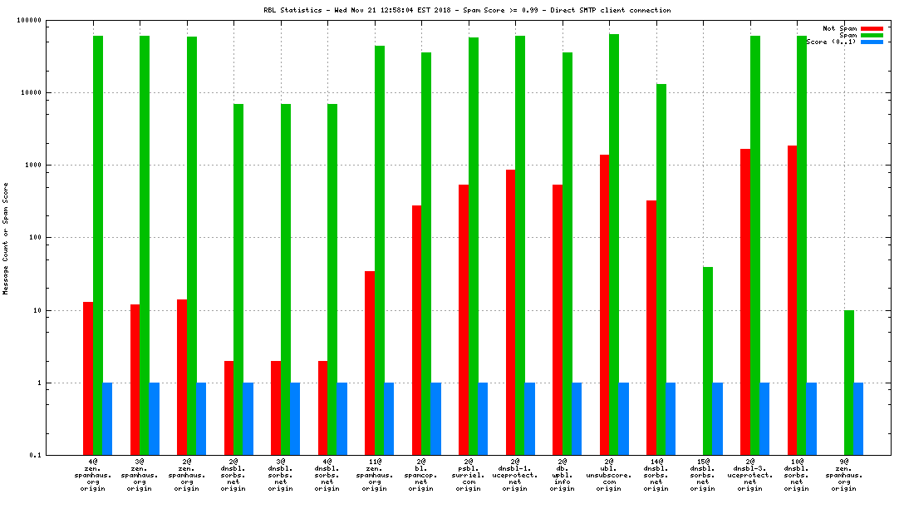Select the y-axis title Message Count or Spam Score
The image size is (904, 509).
7,239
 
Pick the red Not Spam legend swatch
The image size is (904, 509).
872,28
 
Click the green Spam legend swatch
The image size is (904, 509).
872,35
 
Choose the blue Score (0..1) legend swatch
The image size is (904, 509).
872,42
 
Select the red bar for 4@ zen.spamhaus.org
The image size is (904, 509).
88,378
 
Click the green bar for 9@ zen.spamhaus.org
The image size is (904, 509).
849,383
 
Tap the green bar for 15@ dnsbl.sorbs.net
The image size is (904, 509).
708,361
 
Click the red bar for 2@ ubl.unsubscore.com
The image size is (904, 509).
605,304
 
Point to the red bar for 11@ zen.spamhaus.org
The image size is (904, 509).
370,363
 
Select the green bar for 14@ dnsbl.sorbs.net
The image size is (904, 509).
661,269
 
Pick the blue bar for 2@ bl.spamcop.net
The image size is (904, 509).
435,419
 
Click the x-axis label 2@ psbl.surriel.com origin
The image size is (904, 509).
468,475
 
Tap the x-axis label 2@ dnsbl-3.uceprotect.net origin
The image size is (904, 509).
749,475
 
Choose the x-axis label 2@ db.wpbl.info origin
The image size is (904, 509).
562,475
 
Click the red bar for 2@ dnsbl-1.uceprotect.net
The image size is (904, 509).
511,312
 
